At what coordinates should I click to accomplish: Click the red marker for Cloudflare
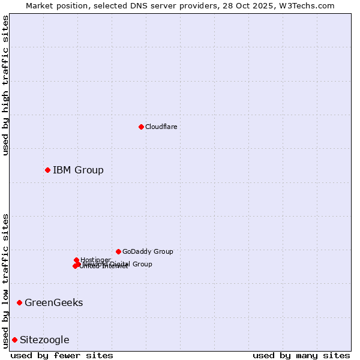[x=141, y=127]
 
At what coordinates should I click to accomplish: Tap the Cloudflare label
[x=161, y=127]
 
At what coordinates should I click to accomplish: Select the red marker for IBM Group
[x=47, y=170]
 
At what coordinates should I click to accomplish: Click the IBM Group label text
[x=78, y=170]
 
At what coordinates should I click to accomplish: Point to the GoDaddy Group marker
[x=118, y=251]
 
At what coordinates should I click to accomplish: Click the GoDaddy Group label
[x=148, y=251]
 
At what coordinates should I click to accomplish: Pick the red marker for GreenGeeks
[x=19, y=302]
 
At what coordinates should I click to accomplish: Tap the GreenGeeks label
[x=53, y=302]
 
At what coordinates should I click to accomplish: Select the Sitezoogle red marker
[x=14, y=340]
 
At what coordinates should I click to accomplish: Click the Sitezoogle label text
[x=44, y=340]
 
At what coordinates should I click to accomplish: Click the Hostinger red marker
[x=76, y=260]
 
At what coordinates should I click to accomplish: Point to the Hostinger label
[x=96, y=260]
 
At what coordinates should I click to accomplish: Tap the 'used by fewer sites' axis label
[x=62, y=355]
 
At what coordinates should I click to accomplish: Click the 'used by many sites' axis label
[x=301, y=355]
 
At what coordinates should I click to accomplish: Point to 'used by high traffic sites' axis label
[x=5, y=85]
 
